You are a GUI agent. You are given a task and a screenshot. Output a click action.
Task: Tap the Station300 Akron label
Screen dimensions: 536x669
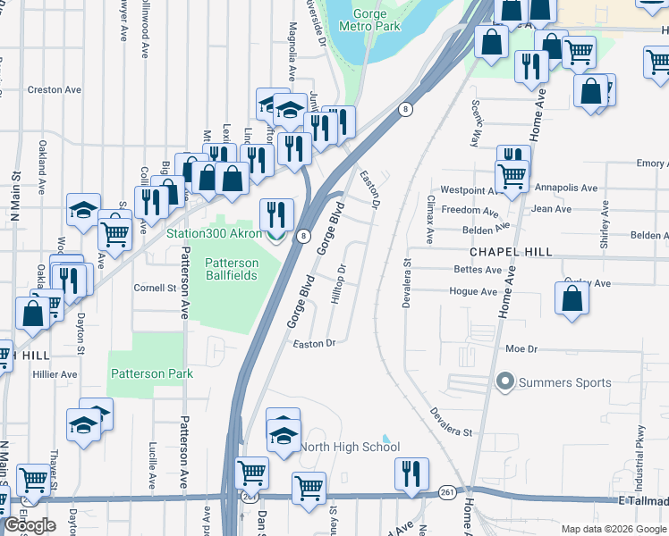pos(215,235)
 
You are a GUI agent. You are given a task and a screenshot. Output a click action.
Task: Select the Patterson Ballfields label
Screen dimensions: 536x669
pos(232,269)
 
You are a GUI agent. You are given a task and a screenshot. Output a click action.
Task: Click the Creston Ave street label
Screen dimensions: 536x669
pos(54,90)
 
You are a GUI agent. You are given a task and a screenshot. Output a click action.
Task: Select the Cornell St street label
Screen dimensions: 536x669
pos(155,289)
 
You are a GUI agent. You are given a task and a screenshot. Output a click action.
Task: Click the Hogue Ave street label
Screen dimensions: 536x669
pos(473,292)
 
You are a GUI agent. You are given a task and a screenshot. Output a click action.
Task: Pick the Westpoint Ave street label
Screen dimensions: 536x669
pos(469,190)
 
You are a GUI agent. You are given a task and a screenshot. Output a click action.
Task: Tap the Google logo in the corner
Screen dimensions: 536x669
pos(30,525)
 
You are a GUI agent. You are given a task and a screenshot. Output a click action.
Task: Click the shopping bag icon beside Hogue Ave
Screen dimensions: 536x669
pos(572,299)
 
